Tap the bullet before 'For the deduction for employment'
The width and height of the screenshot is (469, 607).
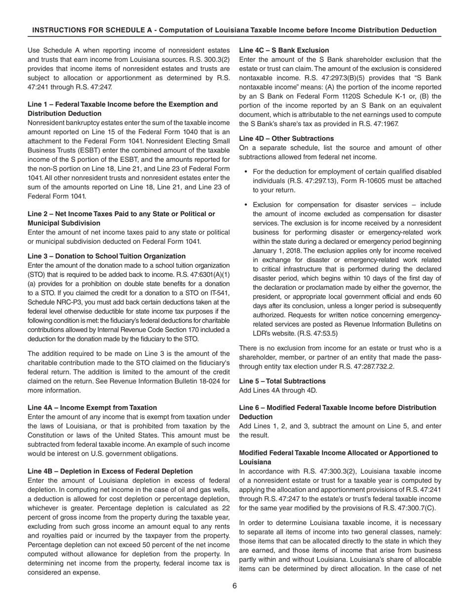[x=245, y=172]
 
